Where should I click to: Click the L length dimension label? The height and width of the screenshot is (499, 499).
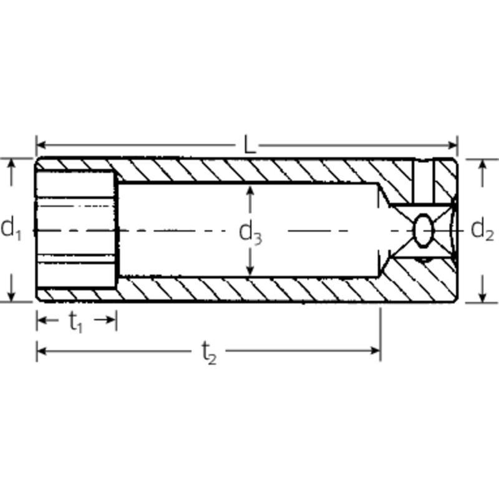tap(249, 145)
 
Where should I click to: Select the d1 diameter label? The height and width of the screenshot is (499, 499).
tap(11, 228)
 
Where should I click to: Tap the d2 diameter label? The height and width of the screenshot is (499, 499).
tap(482, 230)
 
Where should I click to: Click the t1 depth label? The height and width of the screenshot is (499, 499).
tap(75, 322)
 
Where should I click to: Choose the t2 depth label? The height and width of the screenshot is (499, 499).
tap(209, 352)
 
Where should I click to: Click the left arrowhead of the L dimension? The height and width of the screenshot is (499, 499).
tap(41, 145)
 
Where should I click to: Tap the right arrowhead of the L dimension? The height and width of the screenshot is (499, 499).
tap(453, 145)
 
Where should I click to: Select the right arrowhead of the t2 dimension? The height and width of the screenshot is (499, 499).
tap(375, 351)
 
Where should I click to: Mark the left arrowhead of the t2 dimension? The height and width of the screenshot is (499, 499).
tap(42, 351)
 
